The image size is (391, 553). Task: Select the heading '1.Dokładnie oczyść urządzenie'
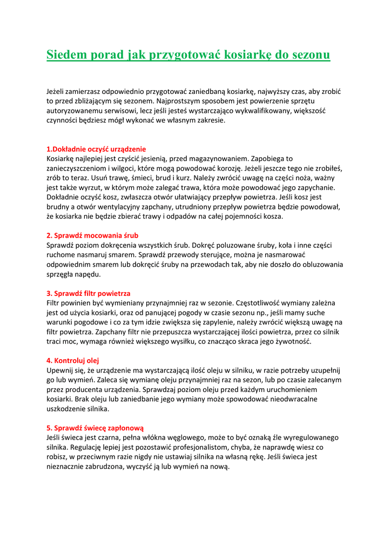point(96,149)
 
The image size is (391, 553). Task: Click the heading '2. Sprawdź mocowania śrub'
point(92,235)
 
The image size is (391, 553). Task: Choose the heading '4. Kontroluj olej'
point(73,360)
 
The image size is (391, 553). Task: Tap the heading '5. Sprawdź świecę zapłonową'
point(95,427)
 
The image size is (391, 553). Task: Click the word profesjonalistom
point(186,447)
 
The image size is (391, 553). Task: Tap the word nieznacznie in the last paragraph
point(68,466)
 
